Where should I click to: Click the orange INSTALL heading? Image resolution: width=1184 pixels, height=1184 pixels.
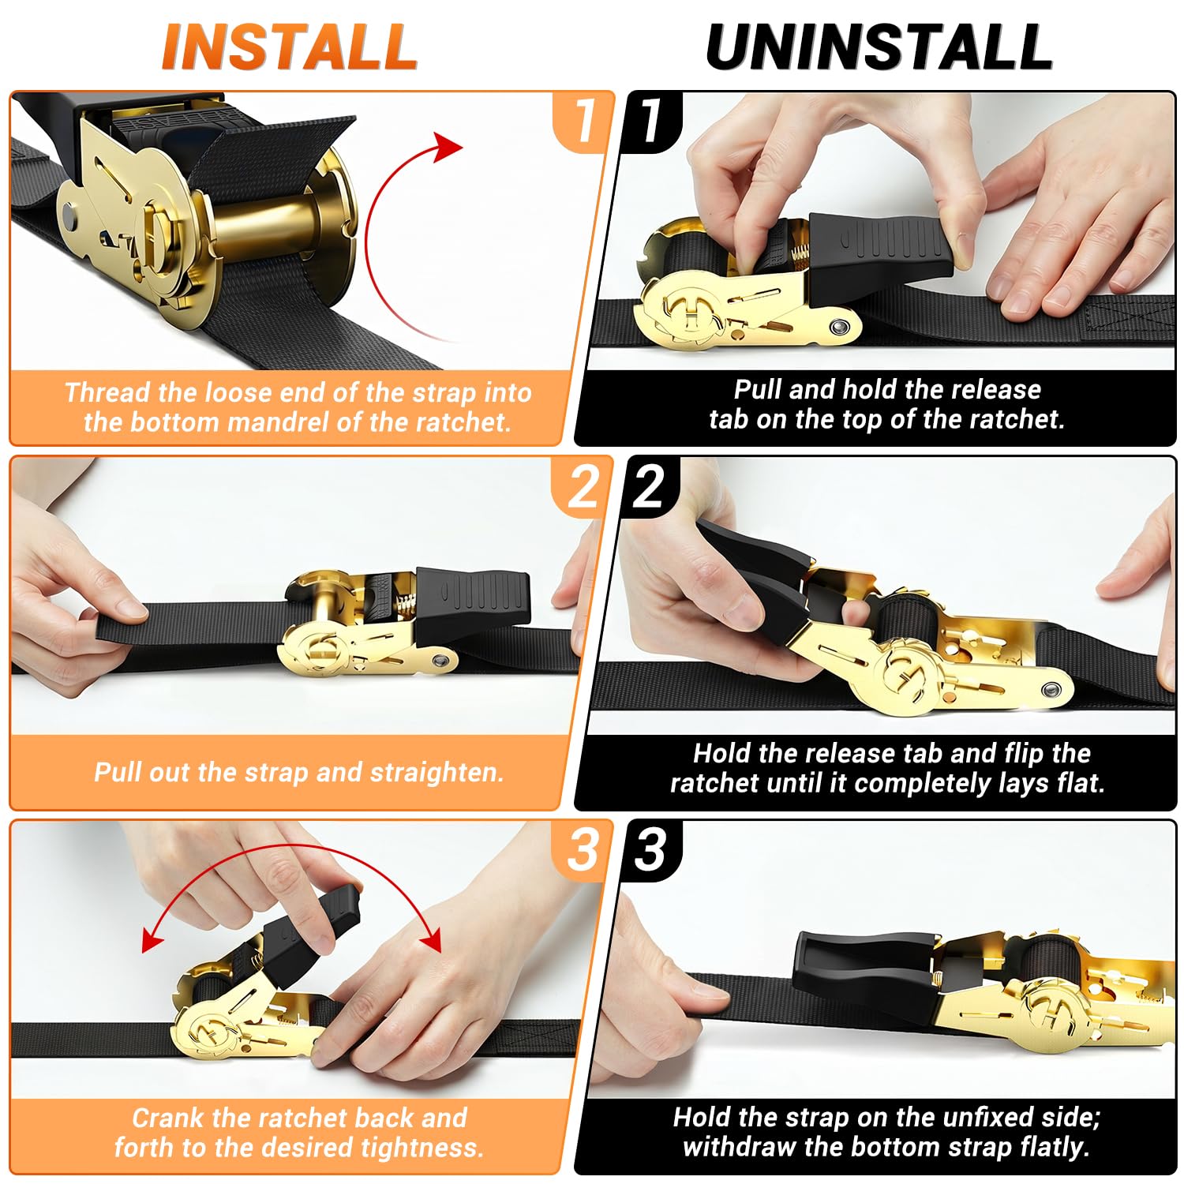point(290,47)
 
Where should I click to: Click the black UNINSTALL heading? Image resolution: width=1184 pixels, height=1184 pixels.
point(879,47)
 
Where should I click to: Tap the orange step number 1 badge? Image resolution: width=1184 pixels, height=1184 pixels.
point(584,121)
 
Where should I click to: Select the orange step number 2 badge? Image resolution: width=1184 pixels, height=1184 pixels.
point(584,486)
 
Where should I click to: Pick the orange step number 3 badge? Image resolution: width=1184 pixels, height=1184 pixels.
point(584,850)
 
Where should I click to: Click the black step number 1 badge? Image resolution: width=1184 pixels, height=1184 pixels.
point(652,121)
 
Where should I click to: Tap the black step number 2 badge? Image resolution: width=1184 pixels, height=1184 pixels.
point(650,486)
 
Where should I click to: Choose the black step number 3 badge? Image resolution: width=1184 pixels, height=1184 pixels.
point(650,850)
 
